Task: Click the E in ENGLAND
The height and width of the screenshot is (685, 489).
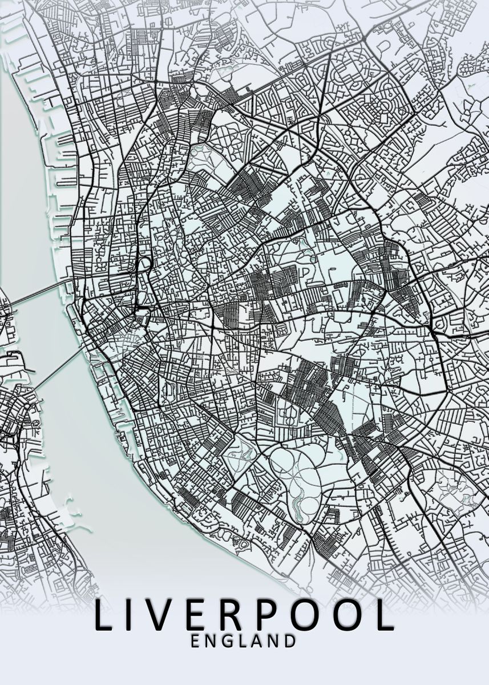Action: tap(196, 641)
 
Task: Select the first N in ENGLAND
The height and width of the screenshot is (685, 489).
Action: tap(211, 641)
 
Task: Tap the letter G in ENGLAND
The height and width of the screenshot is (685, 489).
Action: tap(228, 641)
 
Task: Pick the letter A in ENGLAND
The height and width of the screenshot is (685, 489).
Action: tap(257, 641)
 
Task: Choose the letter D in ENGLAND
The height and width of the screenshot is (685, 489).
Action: tap(290, 641)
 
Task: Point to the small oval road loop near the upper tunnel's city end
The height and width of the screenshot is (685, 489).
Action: tap(145, 263)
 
